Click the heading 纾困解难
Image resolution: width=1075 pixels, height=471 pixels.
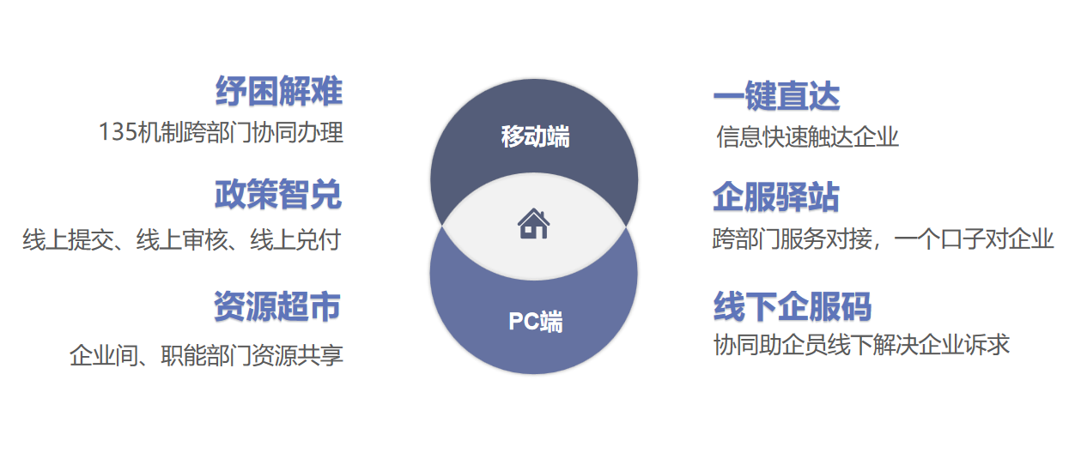click(279, 91)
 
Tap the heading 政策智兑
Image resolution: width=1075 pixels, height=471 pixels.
click(278, 194)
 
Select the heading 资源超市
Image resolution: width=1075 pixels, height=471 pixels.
click(277, 306)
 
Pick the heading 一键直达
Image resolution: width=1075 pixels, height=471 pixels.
click(776, 96)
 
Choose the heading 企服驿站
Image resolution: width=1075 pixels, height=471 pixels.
click(776, 196)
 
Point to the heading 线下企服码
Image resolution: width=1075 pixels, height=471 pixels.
click(793, 306)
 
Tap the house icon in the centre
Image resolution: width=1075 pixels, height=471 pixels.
click(534, 224)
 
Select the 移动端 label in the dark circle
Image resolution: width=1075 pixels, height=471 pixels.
click(535, 136)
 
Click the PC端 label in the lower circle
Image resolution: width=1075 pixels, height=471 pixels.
click(536, 321)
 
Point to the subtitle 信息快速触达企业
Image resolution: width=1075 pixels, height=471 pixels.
click(807, 137)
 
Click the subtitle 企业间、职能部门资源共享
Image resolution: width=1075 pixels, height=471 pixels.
click(206, 355)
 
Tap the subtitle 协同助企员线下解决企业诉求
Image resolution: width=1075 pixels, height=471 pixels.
click(861, 345)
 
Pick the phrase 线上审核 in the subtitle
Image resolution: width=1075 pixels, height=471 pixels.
click(182, 239)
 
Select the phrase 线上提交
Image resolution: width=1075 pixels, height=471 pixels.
click(68, 239)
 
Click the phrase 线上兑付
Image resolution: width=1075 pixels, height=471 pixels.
click(295, 239)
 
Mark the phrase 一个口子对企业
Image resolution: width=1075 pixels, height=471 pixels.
click(975, 239)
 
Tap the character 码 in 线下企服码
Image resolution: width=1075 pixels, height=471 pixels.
click(856, 306)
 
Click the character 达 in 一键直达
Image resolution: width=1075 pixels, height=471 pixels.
click(824, 96)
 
